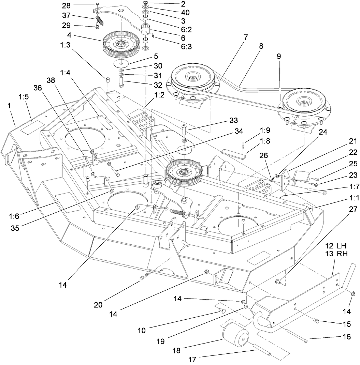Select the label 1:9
pos(264,130)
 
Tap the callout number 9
pos(279,57)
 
